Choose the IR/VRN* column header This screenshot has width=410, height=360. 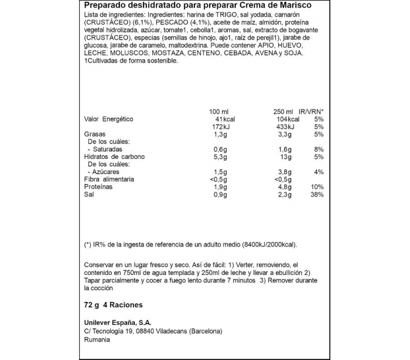(x=311, y=111)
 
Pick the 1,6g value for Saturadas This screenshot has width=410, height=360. (x=285, y=149)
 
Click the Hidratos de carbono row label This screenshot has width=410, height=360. (x=114, y=157)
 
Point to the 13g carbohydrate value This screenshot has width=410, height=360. (x=286, y=157)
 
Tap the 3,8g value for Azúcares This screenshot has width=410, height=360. (x=285, y=172)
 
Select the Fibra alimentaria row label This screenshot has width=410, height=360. (x=110, y=179)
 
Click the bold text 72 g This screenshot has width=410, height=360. (x=91, y=305)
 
